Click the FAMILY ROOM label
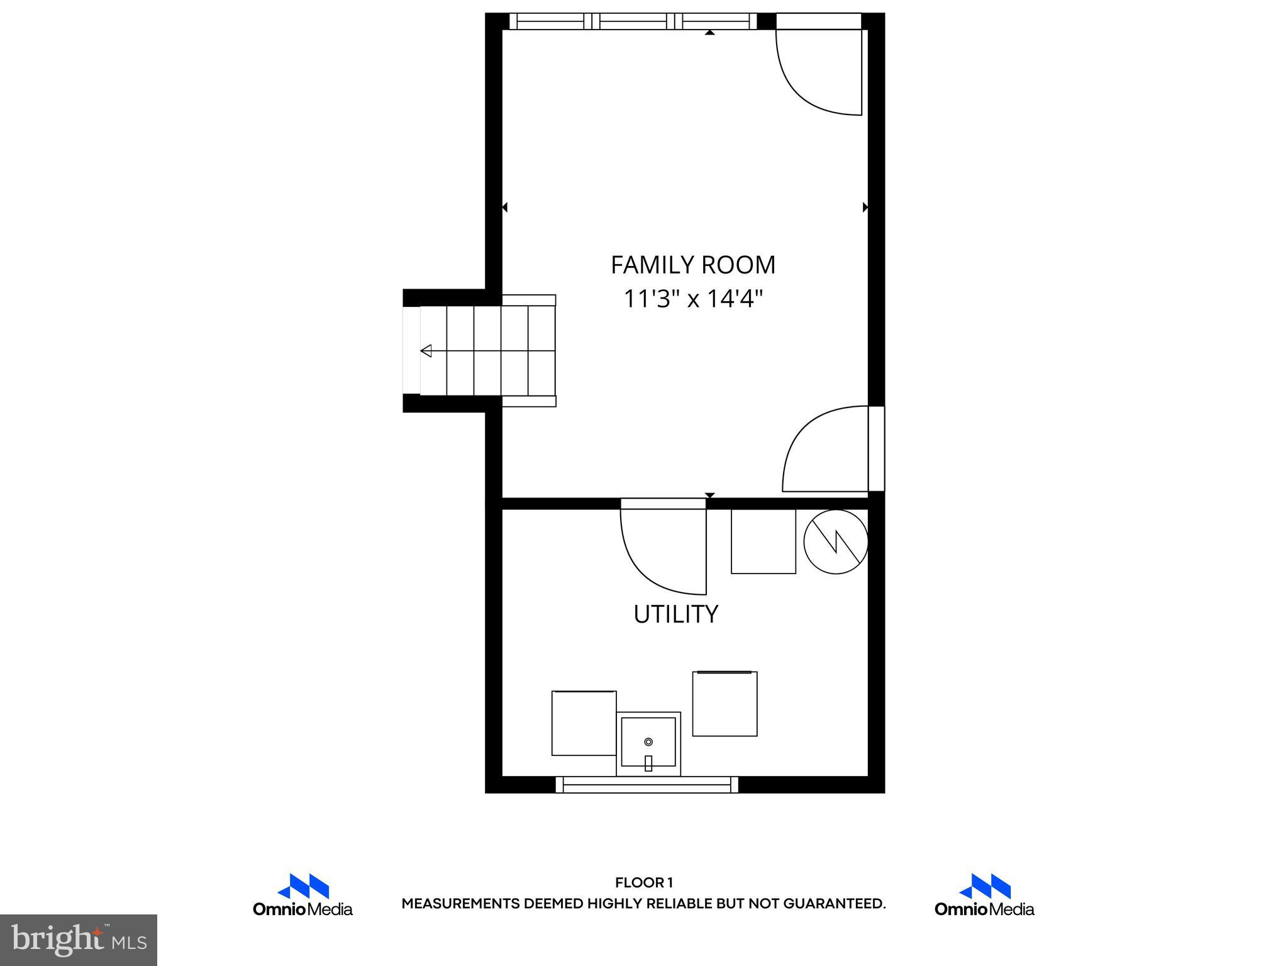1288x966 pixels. (x=692, y=265)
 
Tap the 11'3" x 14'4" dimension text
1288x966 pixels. (x=692, y=299)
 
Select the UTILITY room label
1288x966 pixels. (x=675, y=614)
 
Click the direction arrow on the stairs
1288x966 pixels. (x=426, y=351)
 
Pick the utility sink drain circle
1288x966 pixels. (x=648, y=742)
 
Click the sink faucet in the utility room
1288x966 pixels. (x=648, y=763)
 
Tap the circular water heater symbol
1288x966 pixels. (x=836, y=541)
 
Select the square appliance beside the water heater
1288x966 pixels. (x=763, y=541)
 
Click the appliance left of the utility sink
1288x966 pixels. (x=584, y=723)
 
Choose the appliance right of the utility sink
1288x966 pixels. (x=724, y=704)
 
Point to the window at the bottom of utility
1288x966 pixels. (x=647, y=784)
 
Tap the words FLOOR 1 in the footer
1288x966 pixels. (x=643, y=882)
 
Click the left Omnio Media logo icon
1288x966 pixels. (x=303, y=886)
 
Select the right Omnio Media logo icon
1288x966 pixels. (x=984, y=886)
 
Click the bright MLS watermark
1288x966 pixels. (x=79, y=940)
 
